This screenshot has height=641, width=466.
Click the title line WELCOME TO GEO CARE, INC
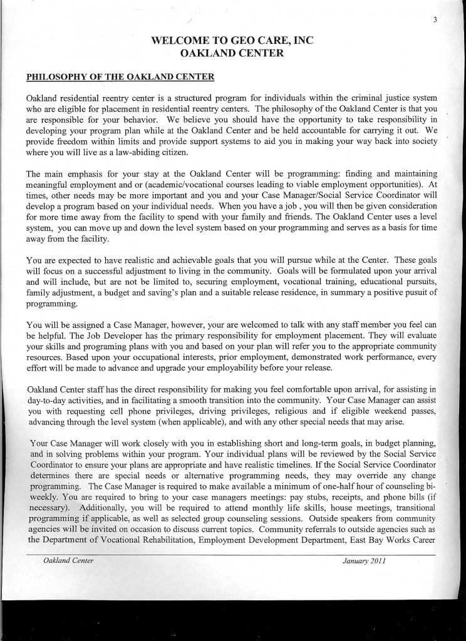(232, 42)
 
